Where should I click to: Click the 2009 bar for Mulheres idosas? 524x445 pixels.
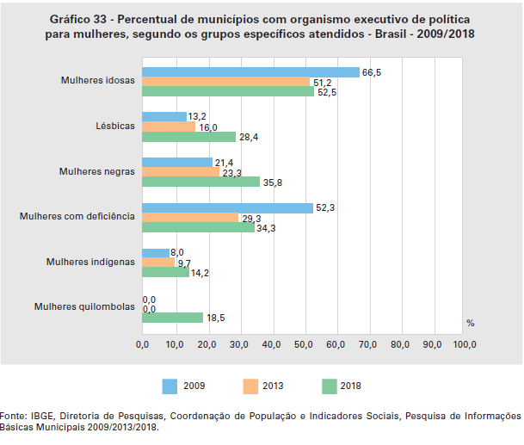250,72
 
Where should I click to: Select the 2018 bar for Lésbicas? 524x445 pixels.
188,137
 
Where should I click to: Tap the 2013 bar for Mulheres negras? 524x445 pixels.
180,172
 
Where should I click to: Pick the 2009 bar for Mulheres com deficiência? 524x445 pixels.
227,207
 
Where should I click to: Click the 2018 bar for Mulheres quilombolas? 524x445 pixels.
172,318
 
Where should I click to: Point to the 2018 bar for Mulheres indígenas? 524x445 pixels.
165,272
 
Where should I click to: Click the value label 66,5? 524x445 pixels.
372,72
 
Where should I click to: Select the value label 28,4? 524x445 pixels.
248,137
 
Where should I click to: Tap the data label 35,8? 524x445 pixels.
272,182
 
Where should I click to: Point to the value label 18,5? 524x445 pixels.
216,318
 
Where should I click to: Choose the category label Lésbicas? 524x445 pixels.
115,127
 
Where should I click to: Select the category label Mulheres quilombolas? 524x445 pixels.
84,306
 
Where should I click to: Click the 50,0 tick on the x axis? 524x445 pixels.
303,344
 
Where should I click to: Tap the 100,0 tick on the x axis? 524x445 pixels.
464,344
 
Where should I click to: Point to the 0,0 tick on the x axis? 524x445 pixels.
143,344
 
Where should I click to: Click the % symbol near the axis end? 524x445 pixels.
470,323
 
